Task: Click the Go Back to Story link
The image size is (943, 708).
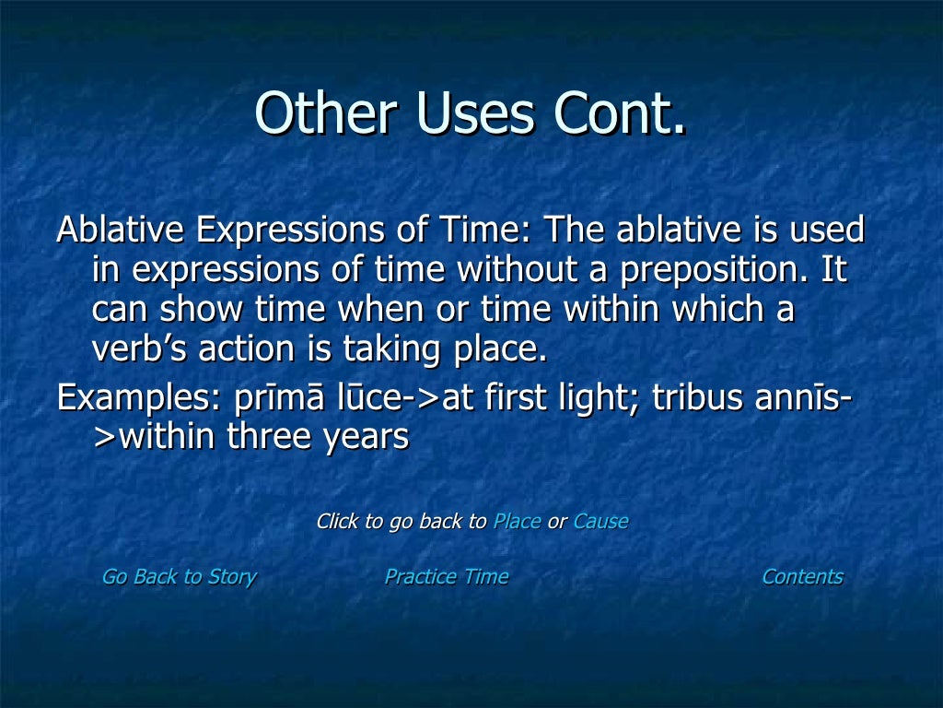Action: click(x=179, y=577)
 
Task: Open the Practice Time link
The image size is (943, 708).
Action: click(x=446, y=577)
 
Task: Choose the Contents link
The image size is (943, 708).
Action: click(x=802, y=577)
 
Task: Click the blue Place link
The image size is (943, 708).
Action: click(x=517, y=522)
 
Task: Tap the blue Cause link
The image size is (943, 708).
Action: click(x=600, y=522)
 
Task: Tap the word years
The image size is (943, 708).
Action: click(x=365, y=437)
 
